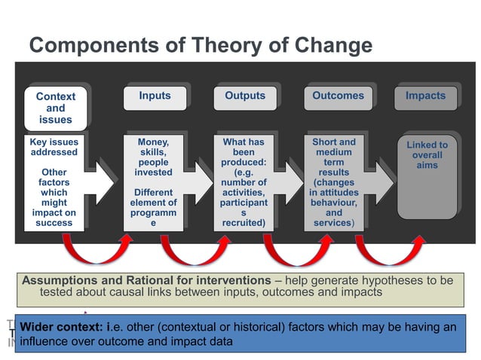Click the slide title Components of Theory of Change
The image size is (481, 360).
coord(200,46)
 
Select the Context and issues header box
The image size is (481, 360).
coord(56,108)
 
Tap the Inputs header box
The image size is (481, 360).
coord(155,96)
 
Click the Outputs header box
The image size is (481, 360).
coord(245,96)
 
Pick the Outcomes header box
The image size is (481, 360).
coord(338,96)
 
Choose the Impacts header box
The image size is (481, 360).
coord(425,96)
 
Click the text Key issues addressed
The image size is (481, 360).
coord(53,147)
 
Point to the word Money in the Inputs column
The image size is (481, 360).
coord(153,142)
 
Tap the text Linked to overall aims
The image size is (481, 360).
coord(427,154)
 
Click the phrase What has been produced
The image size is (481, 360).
coord(245,157)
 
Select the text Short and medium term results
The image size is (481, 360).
coord(333,162)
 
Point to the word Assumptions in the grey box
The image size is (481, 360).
coord(63,280)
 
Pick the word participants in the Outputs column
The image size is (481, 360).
coord(244,208)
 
